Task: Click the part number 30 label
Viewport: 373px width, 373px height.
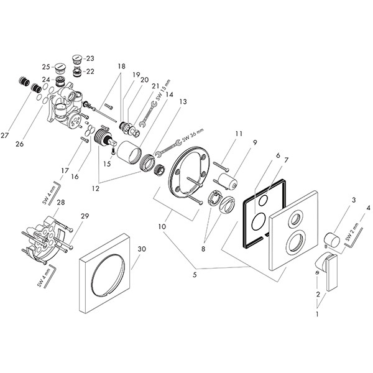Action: [142, 249]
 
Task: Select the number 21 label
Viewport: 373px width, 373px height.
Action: [156, 85]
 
